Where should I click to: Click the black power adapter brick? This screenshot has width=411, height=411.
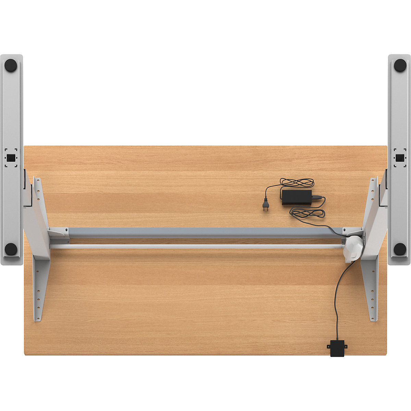tap(297, 197)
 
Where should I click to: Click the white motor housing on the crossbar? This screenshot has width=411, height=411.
tap(353, 248)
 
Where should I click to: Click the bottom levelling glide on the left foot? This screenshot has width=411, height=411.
tap(11, 249)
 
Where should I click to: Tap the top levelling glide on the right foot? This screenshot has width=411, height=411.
tap(400, 65)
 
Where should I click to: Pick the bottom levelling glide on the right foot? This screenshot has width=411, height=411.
tap(400, 249)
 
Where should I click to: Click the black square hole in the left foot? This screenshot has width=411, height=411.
tap(11, 158)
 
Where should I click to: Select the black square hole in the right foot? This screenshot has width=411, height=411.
tap(399, 158)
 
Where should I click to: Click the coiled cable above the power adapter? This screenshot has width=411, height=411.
tap(297, 183)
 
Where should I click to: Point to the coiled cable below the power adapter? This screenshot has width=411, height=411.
tap(308, 213)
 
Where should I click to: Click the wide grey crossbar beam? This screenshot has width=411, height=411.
tap(206, 233)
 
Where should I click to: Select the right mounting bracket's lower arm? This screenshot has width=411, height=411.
tap(371, 288)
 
